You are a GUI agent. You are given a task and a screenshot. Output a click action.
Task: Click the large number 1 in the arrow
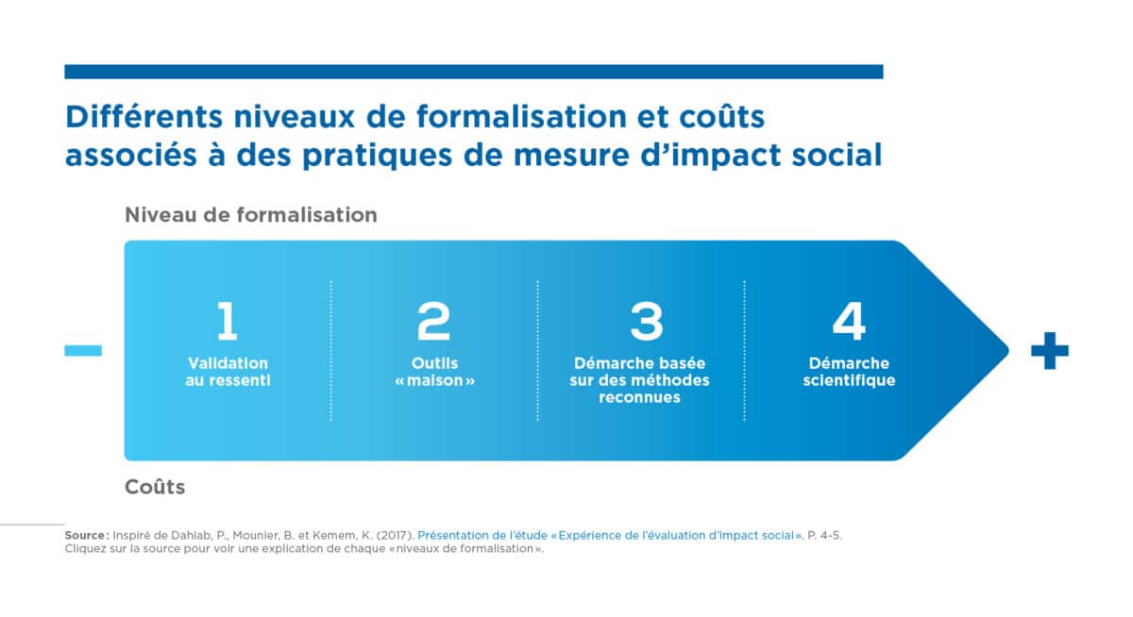tap(228, 321)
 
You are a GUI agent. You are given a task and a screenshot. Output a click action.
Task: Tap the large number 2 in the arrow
tap(433, 321)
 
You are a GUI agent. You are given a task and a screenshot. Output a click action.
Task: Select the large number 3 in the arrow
tap(647, 321)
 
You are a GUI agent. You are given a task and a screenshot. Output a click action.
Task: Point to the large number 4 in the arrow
tap(849, 321)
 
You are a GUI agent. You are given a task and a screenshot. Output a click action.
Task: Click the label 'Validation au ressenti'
tap(228, 372)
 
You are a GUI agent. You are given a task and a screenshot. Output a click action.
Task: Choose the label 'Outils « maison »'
tap(434, 372)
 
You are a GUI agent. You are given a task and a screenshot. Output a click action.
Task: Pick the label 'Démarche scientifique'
tap(849, 372)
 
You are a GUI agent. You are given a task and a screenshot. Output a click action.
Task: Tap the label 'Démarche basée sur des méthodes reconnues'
tap(639, 380)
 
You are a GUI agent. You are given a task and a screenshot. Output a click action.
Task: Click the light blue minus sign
tap(83, 350)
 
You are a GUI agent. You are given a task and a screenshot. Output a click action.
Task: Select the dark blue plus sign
tap(1050, 350)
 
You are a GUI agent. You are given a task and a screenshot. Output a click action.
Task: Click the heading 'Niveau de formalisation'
tap(251, 215)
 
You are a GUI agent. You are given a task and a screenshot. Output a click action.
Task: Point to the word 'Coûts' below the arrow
tap(155, 487)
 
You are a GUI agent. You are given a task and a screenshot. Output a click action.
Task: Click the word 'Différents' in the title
tap(144, 117)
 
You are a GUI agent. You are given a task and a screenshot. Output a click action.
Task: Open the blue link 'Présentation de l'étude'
tap(482, 535)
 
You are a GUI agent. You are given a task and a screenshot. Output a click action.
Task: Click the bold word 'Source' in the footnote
tap(85, 535)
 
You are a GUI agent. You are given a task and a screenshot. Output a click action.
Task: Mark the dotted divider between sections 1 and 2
tap(330, 350)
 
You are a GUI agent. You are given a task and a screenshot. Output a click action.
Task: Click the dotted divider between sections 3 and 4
tap(744, 350)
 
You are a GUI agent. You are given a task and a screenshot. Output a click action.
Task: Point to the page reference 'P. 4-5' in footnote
tap(824, 535)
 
